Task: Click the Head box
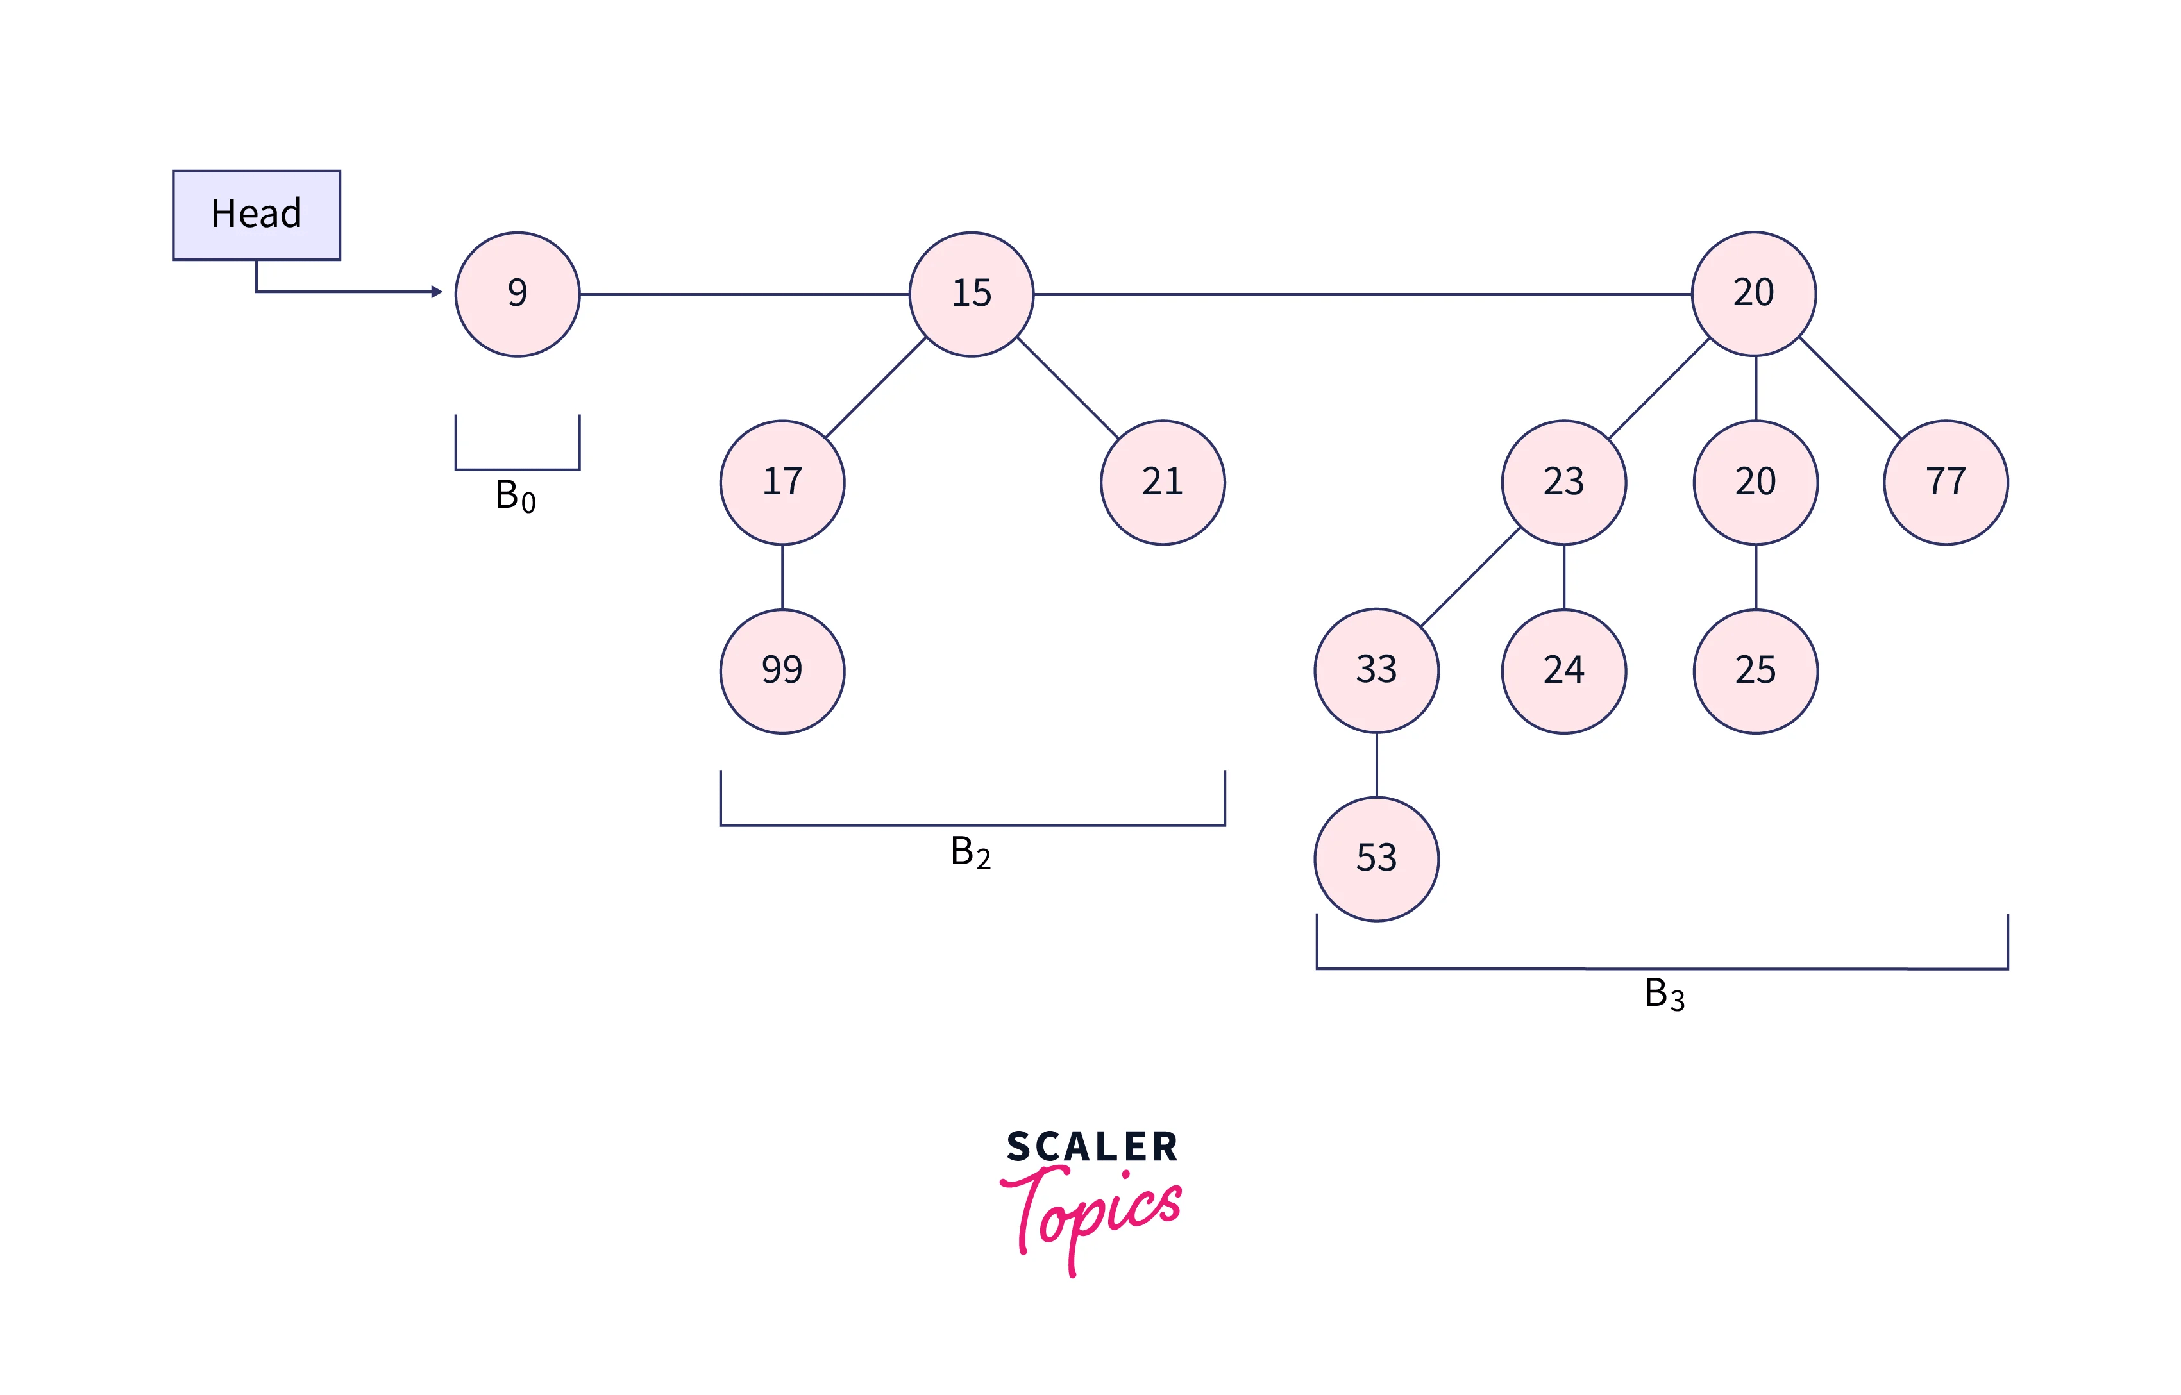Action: pyautogui.click(x=257, y=215)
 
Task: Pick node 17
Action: pyautogui.click(x=782, y=482)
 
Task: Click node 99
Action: pyautogui.click(x=782, y=671)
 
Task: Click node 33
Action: pyautogui.click(x=1376, y=671)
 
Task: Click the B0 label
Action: pyautogui.click(x=515, y=496)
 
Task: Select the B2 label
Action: pyautogui.click(x=970, y=853)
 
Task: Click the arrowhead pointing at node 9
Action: pyautogui.click(x=436, y=292)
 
